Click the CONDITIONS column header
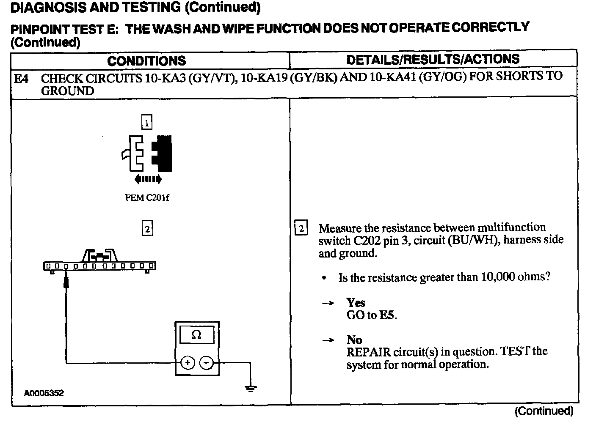146,61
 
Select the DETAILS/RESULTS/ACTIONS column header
433,59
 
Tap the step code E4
21,79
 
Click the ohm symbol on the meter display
196,335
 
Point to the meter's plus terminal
188,363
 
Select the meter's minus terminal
206,363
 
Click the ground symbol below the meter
251,388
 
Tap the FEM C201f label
147,198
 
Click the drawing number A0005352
44,393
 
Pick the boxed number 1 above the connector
146,123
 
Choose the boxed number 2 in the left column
147,229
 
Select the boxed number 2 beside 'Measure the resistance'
301,229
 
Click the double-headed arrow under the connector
148,179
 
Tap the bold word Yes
356,303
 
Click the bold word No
354,340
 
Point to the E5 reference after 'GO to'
388,315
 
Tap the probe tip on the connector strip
66,281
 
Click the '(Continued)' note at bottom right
544,411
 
